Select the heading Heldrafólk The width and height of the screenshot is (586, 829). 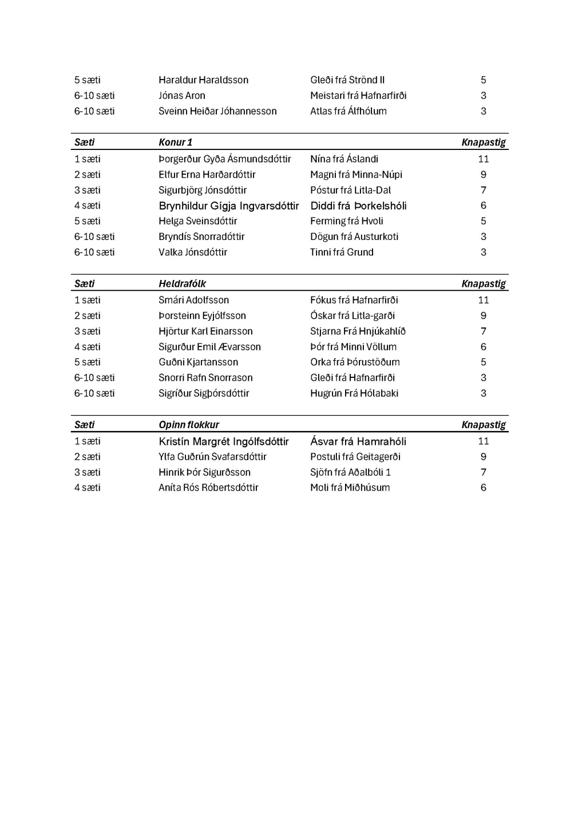pos(182,283)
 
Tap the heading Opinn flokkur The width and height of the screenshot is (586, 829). pos(189,425)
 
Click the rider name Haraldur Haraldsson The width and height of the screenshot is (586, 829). pos(203,80)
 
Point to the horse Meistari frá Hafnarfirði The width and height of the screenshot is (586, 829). pos(358,96)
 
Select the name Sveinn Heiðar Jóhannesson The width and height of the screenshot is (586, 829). pos(217,111)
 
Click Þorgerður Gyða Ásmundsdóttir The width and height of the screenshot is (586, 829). pos(224,159)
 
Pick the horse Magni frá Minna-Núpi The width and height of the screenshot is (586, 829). pos(356,175)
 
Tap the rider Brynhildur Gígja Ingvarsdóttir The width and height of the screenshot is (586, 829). pos(228,206)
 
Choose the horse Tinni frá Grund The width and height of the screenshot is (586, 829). pos(342,252)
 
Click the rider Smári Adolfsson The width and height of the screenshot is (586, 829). pos(193,300)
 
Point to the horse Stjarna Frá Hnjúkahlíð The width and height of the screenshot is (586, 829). pos(358,331)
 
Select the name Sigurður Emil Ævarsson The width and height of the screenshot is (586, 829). pos(209,346)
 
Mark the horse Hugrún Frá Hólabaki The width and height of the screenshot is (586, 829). pos(354,393)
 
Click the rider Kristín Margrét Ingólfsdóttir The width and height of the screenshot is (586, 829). pos(223,441)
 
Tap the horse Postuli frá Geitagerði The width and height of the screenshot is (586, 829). pos(355,457)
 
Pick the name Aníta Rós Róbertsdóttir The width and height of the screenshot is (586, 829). pos(208,488)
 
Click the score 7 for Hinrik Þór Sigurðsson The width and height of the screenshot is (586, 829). pos(484,472)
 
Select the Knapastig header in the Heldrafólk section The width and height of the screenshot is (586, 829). pos(484,283)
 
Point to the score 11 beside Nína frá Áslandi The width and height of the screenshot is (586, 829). pos(484,159)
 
